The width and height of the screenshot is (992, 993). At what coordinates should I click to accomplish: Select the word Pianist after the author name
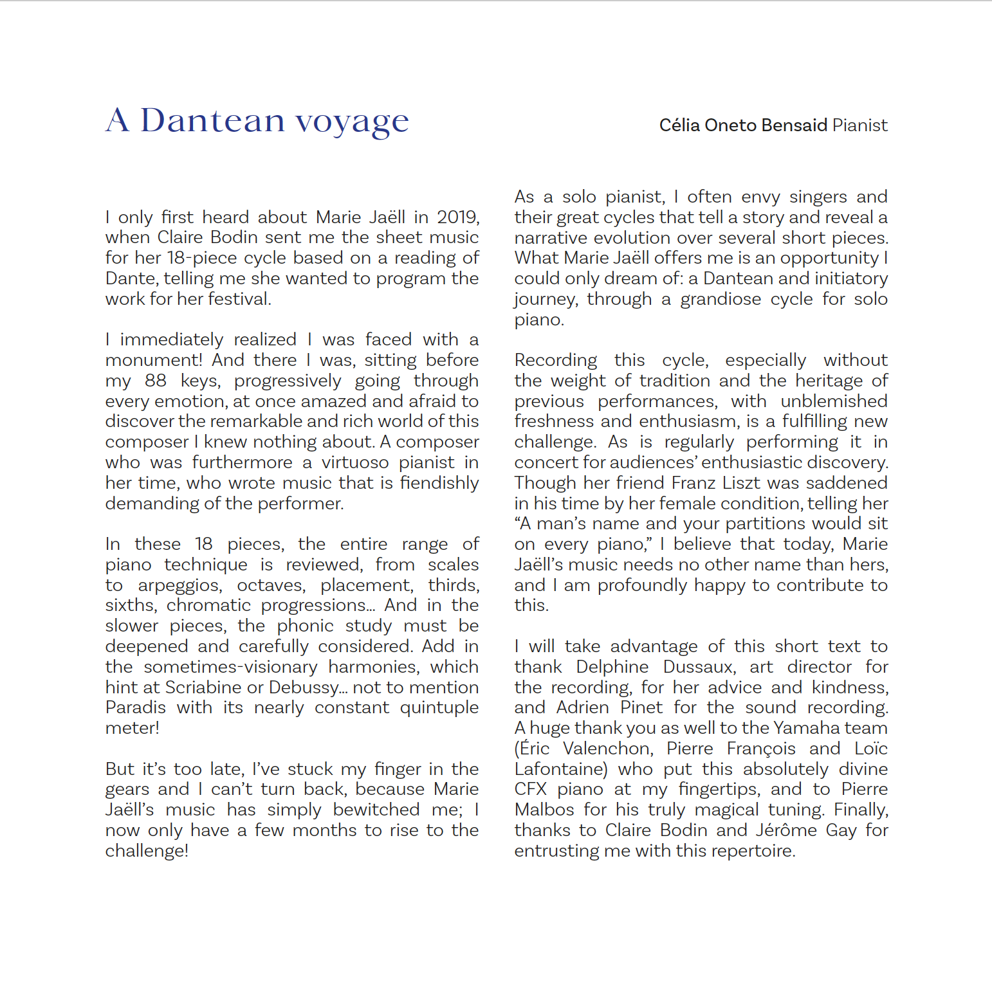859,125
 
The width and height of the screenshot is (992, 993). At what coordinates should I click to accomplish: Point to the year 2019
457,217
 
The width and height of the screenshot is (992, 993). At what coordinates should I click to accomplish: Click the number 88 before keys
156,381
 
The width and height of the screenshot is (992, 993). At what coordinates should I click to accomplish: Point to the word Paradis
136,707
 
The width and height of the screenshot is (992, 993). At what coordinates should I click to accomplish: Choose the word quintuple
439,707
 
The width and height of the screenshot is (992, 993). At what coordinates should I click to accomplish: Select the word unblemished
834,401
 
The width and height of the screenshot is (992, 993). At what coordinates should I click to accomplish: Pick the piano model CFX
530,789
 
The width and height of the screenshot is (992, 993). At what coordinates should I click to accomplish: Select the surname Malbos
544,810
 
